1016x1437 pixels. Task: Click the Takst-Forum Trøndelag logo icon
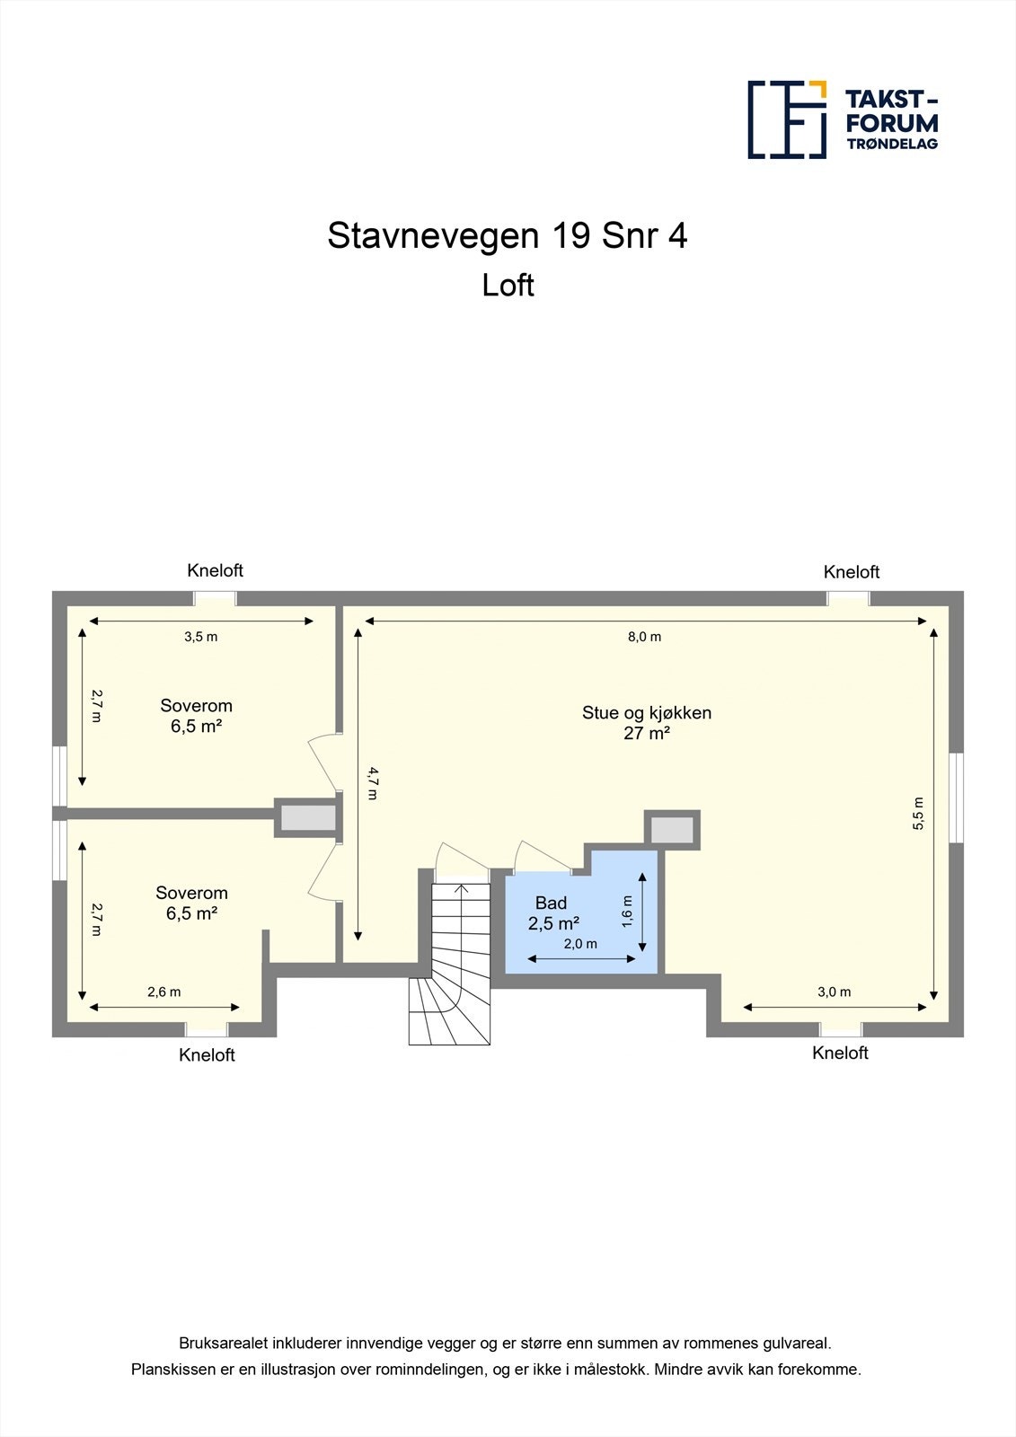click(x=787, y=119)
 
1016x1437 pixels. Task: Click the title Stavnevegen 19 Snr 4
click(x=508, y=236)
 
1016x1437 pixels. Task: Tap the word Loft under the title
click(x=508, y=286)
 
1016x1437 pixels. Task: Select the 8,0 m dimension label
click(x=644, y=637)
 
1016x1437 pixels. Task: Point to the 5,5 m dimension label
click(x=918, y=814)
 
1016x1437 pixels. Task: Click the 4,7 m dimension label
click(x=373, y=782)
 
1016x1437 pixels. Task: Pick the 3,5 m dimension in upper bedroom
click(x=200, y=637)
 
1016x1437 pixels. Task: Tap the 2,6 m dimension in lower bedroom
click(x=163, y=992)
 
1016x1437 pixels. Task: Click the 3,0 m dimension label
click(x=834, y=992)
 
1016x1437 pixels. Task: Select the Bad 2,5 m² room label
click(x=552, y=913)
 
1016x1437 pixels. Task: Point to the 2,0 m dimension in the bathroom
click(x=580, y=944)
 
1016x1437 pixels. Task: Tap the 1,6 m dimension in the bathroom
click(x=627, y=911)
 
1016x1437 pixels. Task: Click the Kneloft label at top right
click(x=851, y=572)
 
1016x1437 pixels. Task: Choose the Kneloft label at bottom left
click(x=207, y=1055)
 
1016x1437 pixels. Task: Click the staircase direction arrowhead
click(x=462, y=888)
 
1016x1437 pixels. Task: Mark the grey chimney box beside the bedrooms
click(x=308, y=818)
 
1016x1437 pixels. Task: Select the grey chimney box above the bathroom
click(x=672, y=829)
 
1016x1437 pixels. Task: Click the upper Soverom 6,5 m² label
click(x=196, y=716)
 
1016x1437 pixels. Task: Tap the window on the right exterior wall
click(x=957, y=798)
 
